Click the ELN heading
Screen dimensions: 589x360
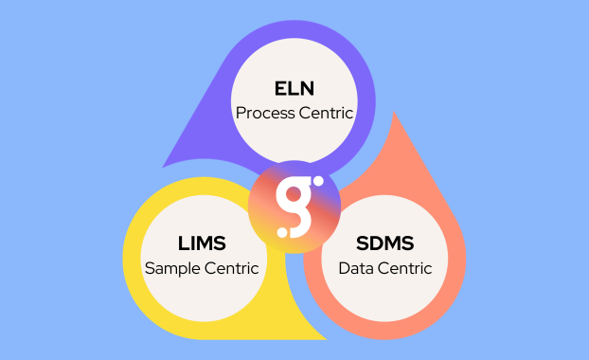(x=294, y=88)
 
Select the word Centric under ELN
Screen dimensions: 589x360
(x=326, y=113)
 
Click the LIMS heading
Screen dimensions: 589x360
(x=201, y=243)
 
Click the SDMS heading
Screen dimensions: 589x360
(x=385, y=243)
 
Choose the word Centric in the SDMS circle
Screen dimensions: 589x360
(x=404, y=268)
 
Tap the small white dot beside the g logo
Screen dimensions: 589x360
(x=318, y=181)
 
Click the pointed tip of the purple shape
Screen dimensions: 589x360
(x=166, y=164)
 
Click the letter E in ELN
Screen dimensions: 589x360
(x=279, y=88)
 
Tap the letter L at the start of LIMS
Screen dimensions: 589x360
(x=183, y=243)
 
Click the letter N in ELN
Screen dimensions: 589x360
(x=308, y=88)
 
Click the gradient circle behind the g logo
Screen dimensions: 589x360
(x=275, y=218)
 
